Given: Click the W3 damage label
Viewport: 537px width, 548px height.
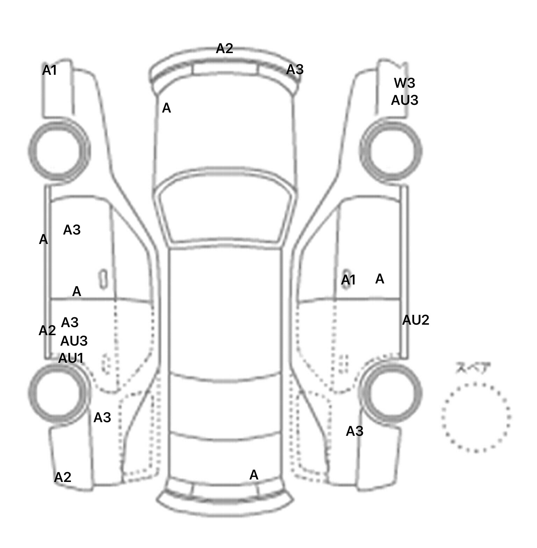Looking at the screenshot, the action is tap(404, 83).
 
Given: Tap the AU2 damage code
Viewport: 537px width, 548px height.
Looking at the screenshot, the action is tap(416, 320).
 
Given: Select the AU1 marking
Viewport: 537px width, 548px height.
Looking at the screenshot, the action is tap(71, 358).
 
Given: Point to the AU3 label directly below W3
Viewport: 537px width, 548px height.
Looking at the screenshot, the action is tap(404, 100).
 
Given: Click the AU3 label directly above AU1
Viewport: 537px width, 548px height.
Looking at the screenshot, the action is tap(74, 341).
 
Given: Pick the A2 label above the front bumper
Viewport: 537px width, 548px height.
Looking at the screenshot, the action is tap(224, 49).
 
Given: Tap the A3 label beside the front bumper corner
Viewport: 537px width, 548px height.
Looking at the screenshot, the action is tap(295, 70).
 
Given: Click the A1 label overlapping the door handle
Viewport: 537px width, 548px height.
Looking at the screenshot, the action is tap(348, 280).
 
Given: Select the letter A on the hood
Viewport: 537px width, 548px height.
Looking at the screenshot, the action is tap(166, 108).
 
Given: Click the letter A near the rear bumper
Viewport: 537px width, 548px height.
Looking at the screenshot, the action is tap(254, 475).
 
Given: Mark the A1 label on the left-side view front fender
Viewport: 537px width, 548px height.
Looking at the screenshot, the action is tap(49, 71).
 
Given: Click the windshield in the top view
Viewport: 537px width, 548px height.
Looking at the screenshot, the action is tap(225, 206).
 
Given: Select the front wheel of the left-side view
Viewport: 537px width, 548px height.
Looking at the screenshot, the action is tap(58, 151).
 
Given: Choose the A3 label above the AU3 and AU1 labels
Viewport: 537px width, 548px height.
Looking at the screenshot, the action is tap(70, 323).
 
